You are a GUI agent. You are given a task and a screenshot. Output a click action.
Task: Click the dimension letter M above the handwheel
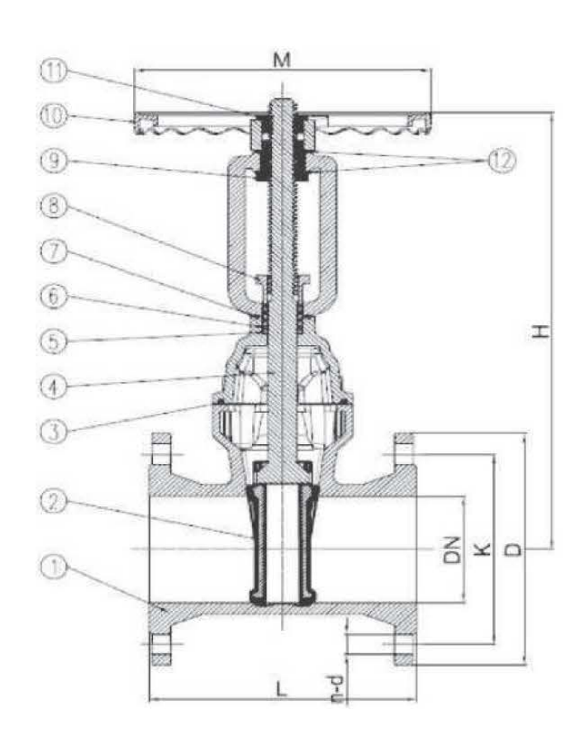(284, 59)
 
